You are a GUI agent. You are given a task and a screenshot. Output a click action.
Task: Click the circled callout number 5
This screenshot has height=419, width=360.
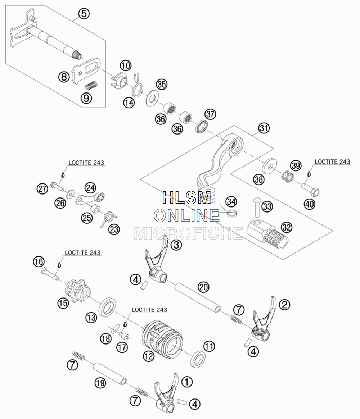click(84, 13)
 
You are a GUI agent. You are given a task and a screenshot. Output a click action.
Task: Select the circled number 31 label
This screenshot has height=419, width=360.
click(264, 128)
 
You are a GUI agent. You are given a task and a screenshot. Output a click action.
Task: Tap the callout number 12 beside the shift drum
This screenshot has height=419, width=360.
click(149, 356)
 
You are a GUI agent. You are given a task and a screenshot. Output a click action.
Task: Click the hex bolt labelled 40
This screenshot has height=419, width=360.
click(311, 188)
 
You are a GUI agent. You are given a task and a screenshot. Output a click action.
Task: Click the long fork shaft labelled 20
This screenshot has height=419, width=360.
click(198, 298)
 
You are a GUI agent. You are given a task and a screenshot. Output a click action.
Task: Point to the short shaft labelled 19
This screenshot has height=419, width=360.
click(110, 374)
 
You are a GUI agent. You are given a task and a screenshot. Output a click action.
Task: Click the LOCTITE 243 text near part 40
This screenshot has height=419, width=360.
click(332, 162)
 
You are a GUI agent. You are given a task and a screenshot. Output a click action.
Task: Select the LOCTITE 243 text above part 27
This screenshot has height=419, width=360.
click(86, 163)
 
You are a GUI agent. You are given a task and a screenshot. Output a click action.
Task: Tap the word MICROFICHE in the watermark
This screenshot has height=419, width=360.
click(189, 233)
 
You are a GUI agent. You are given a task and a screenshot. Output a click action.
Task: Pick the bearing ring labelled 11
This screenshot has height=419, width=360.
click(198, 360)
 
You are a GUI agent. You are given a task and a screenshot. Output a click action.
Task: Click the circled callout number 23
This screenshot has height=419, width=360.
click(114, 229)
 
